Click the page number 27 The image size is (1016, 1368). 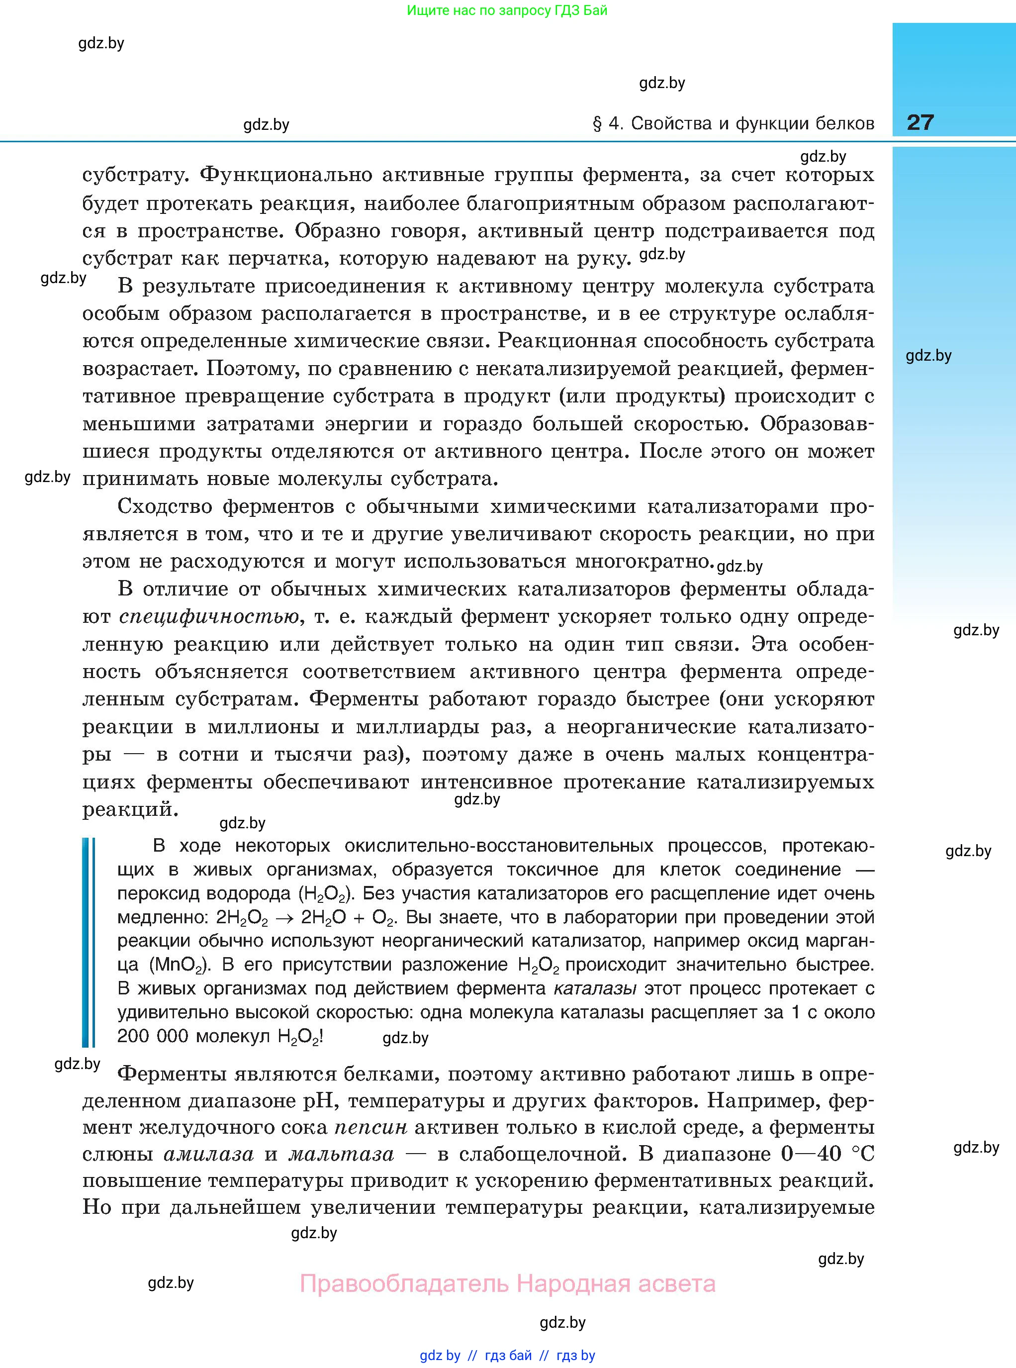click(920, 122)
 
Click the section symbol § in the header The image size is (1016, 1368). click(597, 124)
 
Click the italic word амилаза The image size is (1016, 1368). click(208, 1154)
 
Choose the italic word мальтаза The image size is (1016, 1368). click(341, 1154)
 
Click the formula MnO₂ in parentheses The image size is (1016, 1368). click(179, 965)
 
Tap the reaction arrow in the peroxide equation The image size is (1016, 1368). click(284, 918)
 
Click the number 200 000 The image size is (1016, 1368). click(153, 1037)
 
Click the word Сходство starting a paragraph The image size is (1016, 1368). click(164, 506)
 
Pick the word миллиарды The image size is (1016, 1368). click(417, 727)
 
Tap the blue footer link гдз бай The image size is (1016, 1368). click(508, 1355)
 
